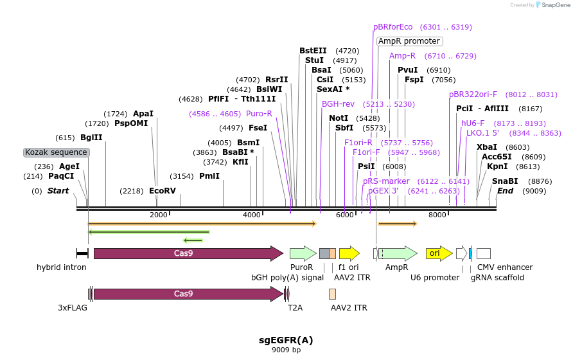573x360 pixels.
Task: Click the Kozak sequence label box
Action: [x=56, y=152]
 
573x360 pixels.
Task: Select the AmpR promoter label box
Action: [x=409, y=41]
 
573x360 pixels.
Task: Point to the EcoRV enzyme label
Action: [x=162, y=191]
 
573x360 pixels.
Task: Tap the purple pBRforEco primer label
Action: [x=393, y=27]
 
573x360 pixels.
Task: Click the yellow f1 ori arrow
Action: [x=349, y=253]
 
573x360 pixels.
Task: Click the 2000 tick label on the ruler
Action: [x=158, y=215]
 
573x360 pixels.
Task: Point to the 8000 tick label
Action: [x=437, y=215]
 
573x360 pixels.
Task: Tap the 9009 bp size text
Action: [x=286, y=350]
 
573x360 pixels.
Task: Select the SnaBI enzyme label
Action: [x=505, y=181]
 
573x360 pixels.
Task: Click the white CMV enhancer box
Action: [x=484, y=253]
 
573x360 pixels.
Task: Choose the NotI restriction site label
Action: [x=339, y=118]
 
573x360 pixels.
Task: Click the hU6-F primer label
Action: [x=473, y=123]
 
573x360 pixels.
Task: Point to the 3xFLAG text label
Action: [x=73, y=308]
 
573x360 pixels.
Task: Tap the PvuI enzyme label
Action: [x=408, y=70]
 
